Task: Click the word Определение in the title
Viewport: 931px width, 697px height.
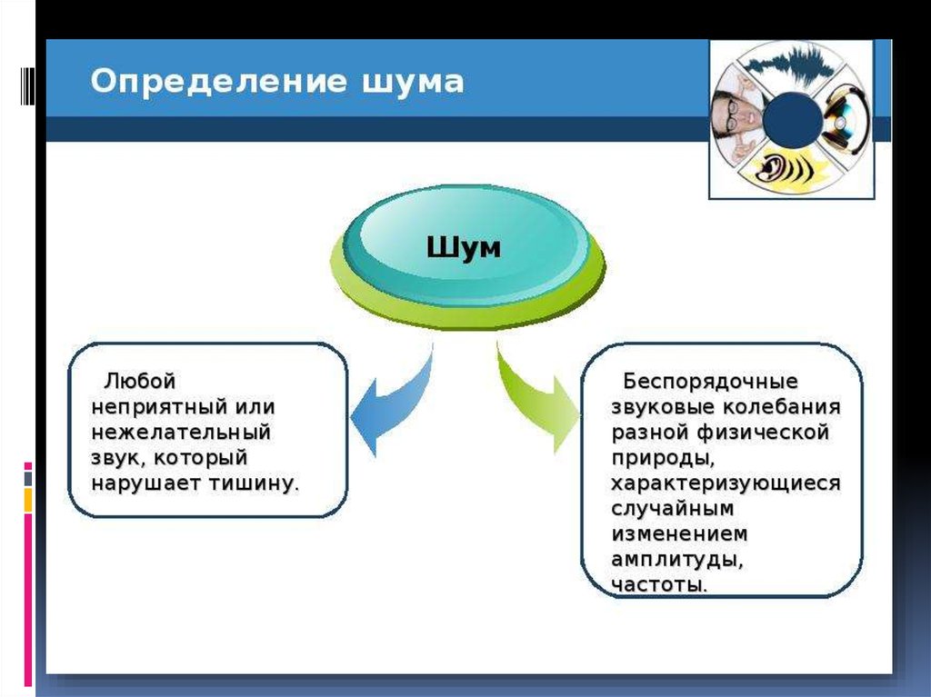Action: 218,81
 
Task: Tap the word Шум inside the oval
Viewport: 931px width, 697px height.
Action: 464,247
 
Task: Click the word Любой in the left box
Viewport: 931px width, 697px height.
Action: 140,381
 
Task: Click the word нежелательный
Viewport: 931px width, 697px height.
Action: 181,432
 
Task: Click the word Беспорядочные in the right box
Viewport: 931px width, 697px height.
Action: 710,381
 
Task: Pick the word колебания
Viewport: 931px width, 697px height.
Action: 781,407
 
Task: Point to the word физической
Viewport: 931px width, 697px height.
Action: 763,433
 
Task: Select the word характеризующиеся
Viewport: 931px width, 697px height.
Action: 726,483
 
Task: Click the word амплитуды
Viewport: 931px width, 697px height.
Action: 676,560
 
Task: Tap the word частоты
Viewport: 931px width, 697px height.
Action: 659,585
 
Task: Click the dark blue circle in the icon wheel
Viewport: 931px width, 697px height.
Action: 792,121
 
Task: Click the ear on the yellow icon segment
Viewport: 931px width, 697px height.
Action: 770,168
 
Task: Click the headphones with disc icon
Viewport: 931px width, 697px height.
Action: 843,120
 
